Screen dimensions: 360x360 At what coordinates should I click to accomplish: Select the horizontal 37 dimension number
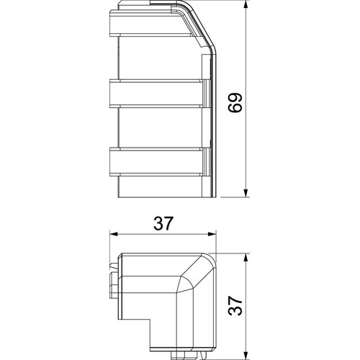[163, 224]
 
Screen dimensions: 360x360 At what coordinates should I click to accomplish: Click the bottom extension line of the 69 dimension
[230, 196]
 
